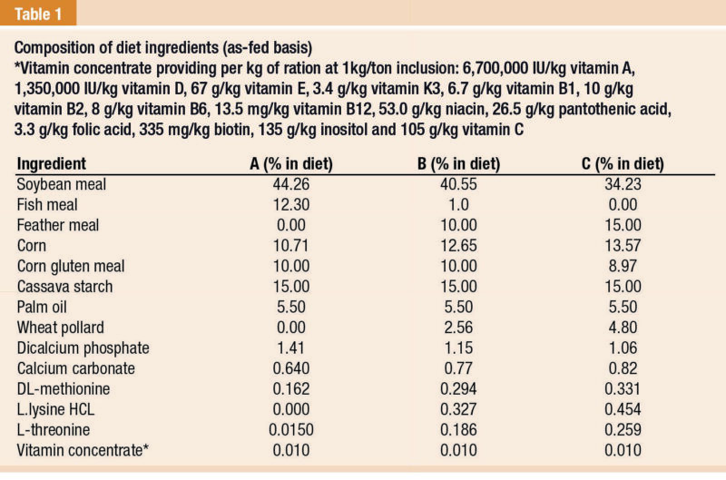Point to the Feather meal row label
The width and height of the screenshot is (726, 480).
pos(58,225)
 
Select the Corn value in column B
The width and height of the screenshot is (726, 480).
pos(446,244)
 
